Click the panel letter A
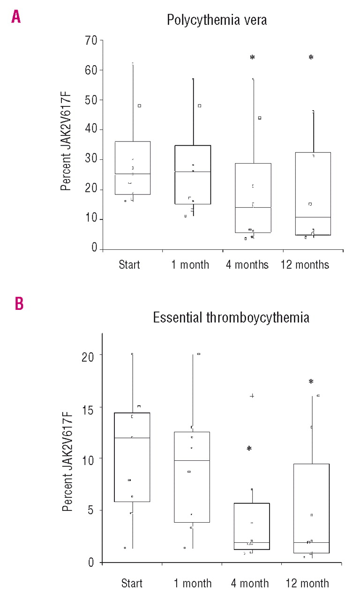(x=16, y=17)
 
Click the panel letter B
(x=19, y=304)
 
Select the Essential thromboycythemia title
(x=231, y=318)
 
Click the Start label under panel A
(x=129, y=265)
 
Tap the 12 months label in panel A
(x=305, y=265)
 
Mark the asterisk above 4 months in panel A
(x=252, y=58)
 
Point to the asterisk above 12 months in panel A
(x=311, y=58)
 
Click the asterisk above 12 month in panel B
(x=311, y=382)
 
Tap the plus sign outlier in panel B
(x=252, y=396)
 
